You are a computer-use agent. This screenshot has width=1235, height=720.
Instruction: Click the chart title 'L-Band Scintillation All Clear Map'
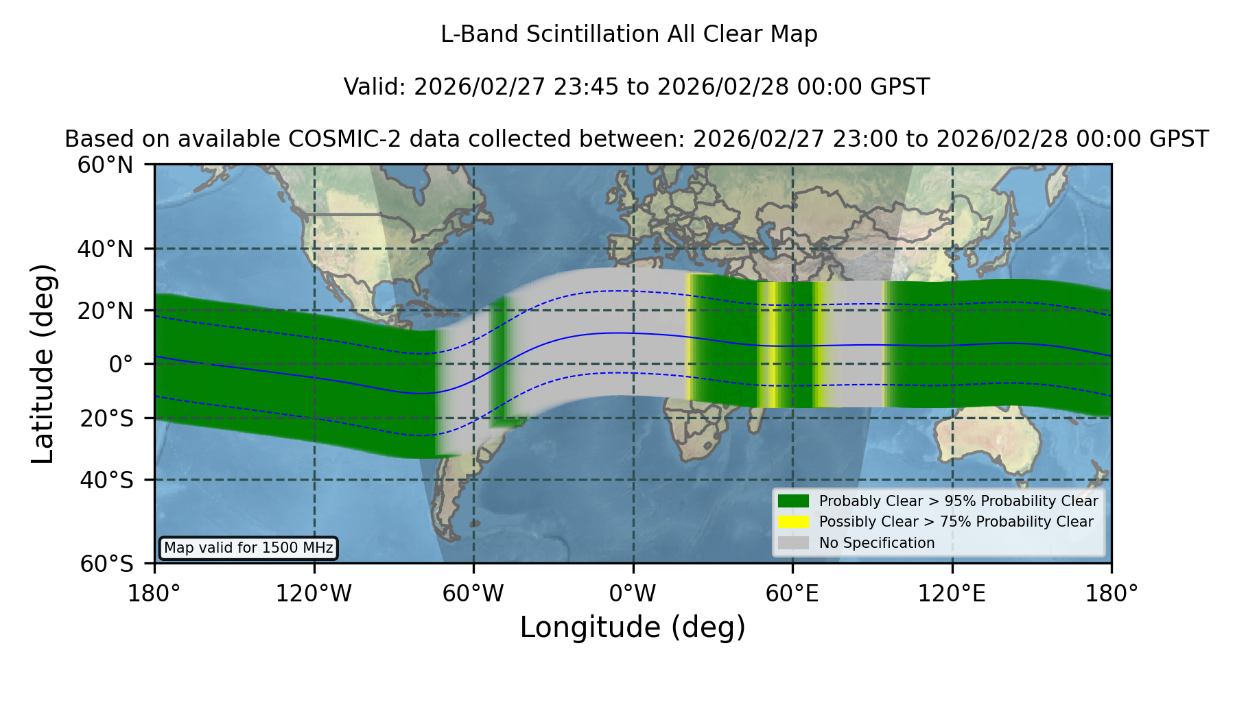click(628, 34)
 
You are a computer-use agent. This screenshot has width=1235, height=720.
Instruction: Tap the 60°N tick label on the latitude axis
click(105, 165)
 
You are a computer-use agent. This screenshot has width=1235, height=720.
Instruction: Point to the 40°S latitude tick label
click(107, 480)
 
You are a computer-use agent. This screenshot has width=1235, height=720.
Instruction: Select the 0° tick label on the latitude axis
click(121, 364)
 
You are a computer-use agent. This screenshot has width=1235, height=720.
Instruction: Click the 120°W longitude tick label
click(314, 594)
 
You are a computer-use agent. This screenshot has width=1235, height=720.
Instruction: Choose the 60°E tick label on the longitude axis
click(792, 594)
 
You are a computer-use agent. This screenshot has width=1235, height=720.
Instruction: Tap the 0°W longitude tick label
click(633, 594)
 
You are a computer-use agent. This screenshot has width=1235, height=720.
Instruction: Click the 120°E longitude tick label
click(952, 594)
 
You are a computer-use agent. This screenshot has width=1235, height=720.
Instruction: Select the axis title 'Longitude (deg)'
click(633, 627)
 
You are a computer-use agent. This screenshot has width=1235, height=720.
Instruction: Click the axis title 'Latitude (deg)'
click(43, 363)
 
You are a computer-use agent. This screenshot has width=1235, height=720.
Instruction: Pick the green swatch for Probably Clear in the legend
click(794, 501)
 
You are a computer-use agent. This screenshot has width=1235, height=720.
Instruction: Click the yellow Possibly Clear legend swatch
click(794, 522)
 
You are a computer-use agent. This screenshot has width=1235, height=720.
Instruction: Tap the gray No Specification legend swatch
click(794, 543)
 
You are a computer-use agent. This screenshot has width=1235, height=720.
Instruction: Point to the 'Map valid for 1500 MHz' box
click(248, 548)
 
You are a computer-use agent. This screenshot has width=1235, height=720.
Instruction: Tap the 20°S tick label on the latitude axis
click(107, 418)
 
